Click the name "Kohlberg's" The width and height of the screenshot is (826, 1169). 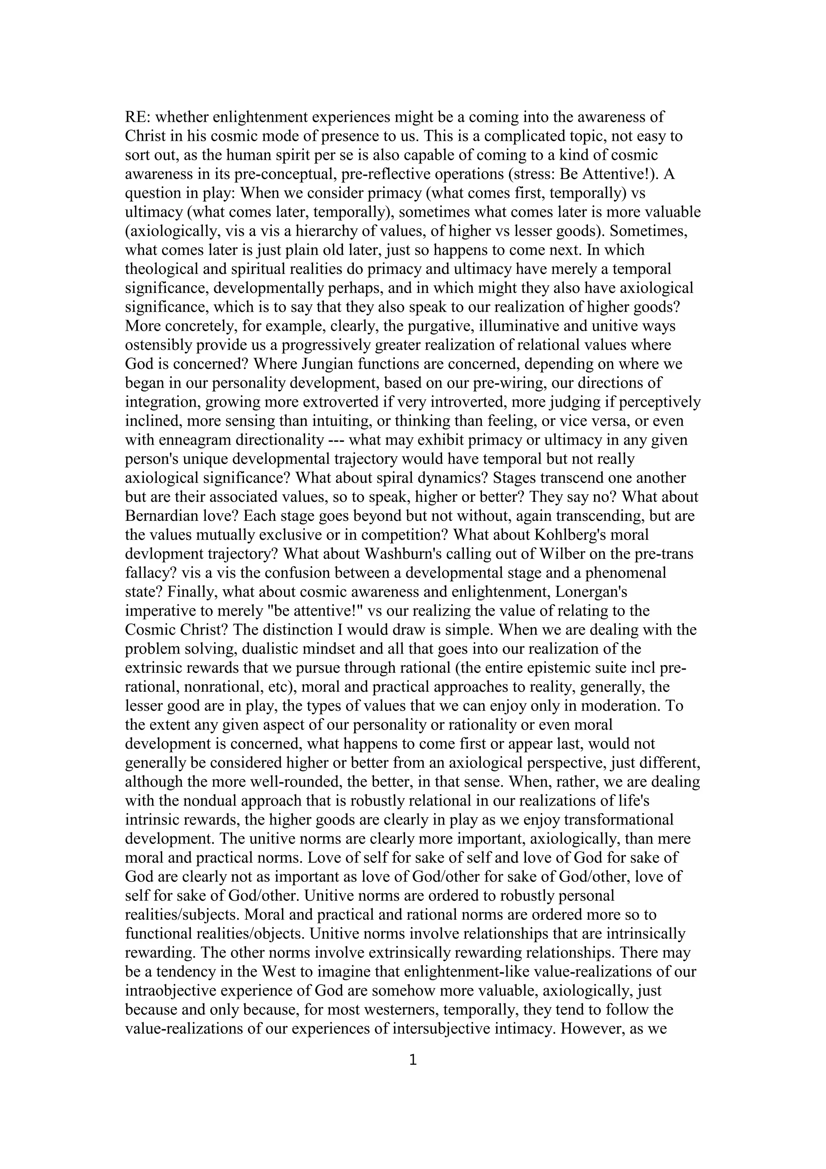pyautogui.click(x=571, y=534)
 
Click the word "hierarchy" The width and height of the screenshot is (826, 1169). pyautogui.click(x=329, y=231)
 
